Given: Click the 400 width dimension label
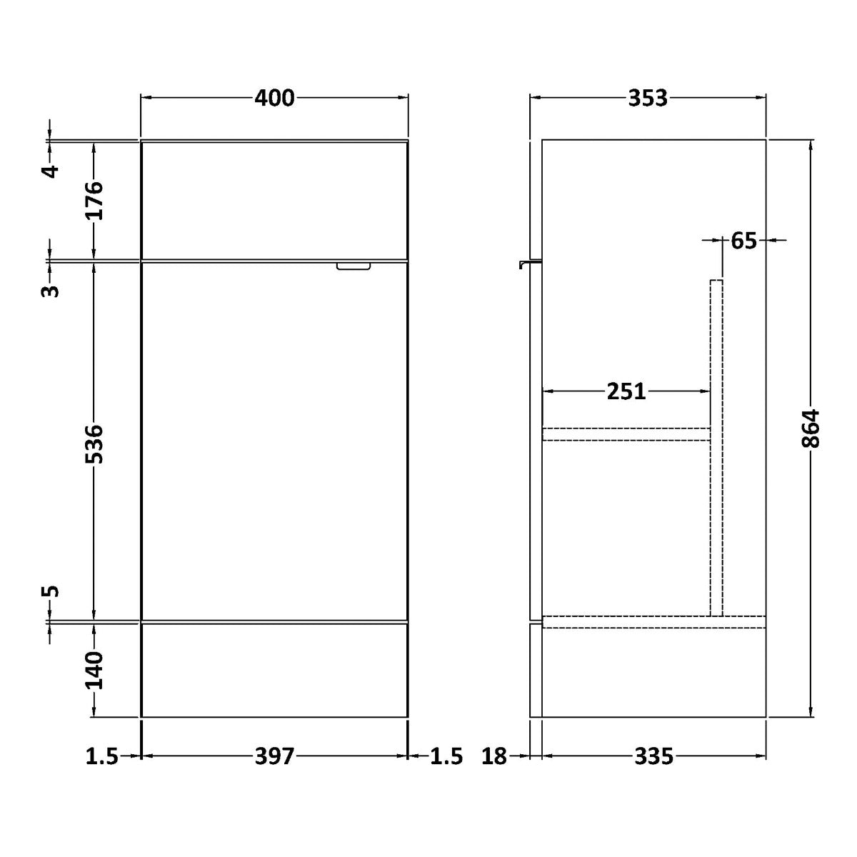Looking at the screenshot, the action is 274,98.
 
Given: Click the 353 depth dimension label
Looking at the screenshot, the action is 648,98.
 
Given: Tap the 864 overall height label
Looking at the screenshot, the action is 810,428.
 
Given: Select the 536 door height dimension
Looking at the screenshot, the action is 94,444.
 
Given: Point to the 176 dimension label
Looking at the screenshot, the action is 94,201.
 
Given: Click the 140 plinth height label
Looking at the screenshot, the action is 94,671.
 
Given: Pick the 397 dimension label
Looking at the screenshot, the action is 274,756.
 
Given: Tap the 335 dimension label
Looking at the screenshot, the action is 653,756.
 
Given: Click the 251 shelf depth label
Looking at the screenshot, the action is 626,391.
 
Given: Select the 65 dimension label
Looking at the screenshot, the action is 743,241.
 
